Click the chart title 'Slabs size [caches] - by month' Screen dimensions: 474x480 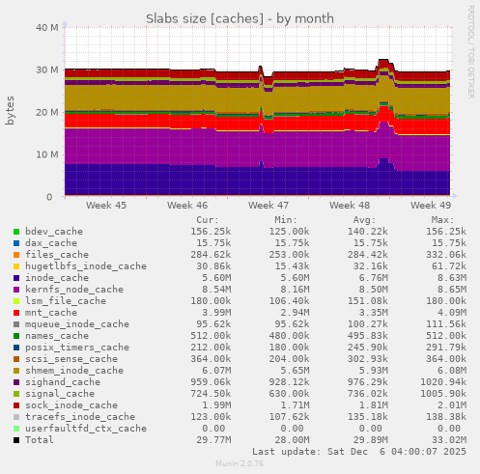pyautogui.click(x=240, y=17)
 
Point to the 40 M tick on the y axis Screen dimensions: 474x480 pyautogui.click(x=46, y=27)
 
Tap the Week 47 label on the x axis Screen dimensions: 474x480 pyautogui.click(x=268, y=206)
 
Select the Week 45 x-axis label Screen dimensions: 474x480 pyautogui.click(x=105, y=206)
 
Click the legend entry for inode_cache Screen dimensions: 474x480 pyautogui.click(x=58, y=277)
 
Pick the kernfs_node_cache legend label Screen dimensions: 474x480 pyautogui.click(x=75, y=289)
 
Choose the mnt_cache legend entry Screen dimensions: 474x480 pyautogui.click(x=51, y=312)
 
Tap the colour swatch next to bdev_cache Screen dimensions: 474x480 pyautogui.click(x=16, y=232)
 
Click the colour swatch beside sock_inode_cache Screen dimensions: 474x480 pyautogui.click(x=16, y=405)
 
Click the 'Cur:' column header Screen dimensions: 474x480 pyautogui.click(x=219, y=220)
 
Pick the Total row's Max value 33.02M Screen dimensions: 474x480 pyautogui.click(x=448, y=439)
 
